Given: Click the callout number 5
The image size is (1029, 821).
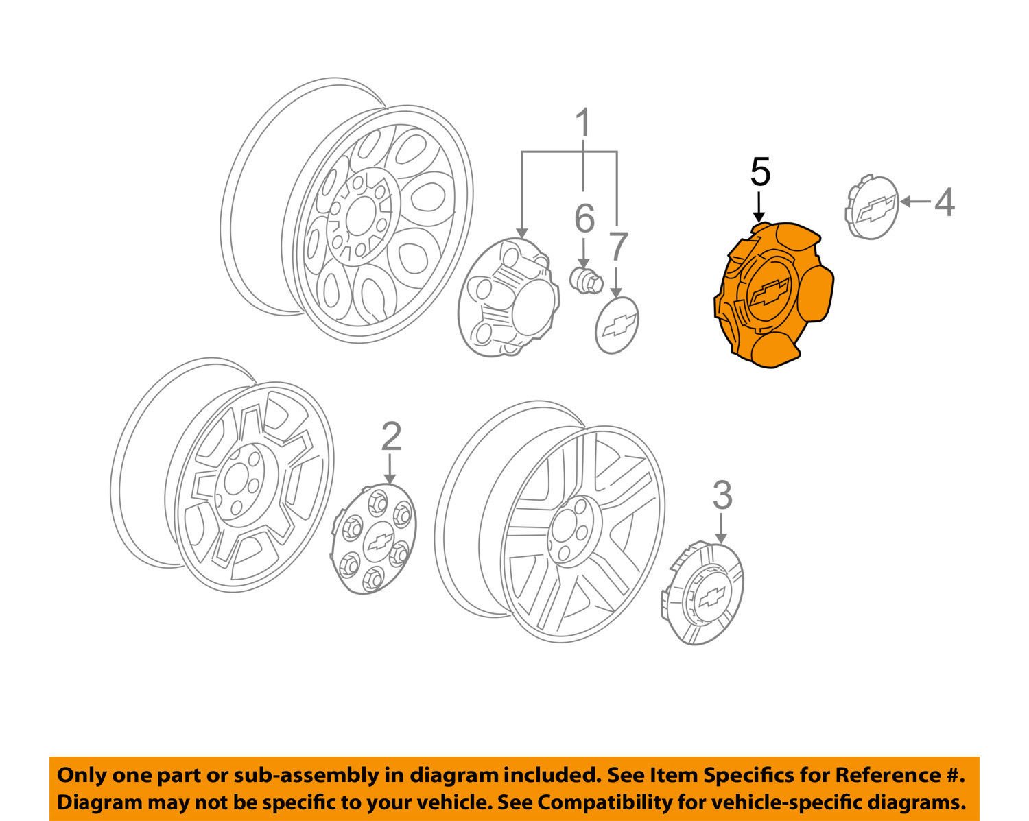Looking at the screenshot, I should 760,172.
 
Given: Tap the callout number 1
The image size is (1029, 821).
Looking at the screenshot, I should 582,124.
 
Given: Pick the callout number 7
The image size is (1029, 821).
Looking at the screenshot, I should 617,247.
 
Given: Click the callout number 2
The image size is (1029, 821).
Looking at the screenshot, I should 390,436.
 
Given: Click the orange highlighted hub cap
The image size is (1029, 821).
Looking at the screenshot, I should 772,295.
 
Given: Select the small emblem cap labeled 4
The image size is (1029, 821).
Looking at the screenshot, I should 870,207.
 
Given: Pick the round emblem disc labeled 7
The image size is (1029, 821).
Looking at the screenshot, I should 617,325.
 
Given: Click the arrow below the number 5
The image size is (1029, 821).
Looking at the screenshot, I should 759,206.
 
